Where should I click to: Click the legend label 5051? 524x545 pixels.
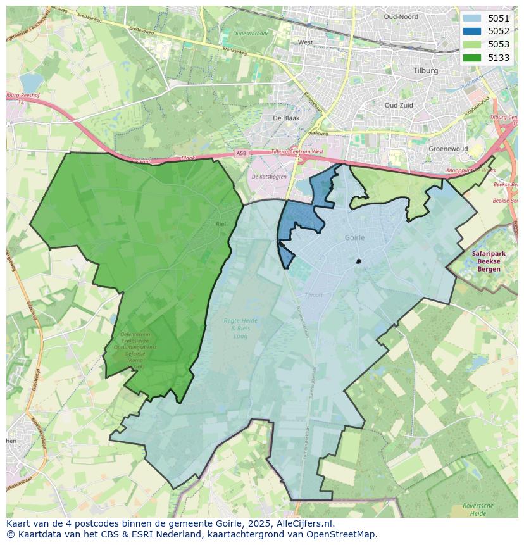(498, 18)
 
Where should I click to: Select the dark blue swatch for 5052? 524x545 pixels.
(471, 31)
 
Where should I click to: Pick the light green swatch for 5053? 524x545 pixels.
(471, 44)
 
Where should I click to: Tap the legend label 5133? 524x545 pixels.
(498, 58)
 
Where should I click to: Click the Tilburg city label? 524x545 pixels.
(425, 71)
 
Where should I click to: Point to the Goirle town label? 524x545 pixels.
(355, 237)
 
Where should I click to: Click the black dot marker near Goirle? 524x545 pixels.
(359, 261)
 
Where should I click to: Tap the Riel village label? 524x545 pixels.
(220, 224)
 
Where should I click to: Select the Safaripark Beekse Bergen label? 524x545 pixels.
(485, 261)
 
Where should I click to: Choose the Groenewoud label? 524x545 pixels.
(447, 149)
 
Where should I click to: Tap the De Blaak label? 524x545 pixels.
(285, 118)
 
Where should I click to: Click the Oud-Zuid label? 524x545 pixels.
(399, 105)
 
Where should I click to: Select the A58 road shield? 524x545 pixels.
(240, 153)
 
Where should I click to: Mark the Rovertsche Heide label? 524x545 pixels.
(478, 510)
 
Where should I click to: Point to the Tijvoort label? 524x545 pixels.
(313, 294)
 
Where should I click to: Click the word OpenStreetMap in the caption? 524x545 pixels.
(346, 534)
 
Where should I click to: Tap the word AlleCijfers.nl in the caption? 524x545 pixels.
(303, 523)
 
